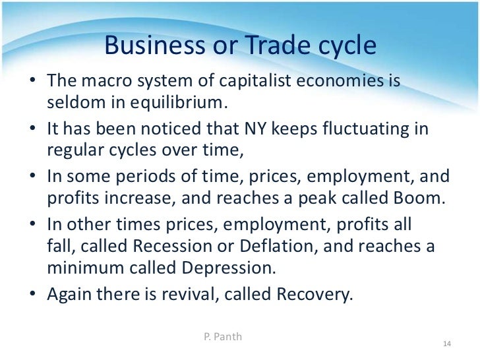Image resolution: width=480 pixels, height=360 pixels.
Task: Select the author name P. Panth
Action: (x=224, y=336)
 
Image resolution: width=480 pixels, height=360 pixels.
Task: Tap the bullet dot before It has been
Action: (x=34, y=127)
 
